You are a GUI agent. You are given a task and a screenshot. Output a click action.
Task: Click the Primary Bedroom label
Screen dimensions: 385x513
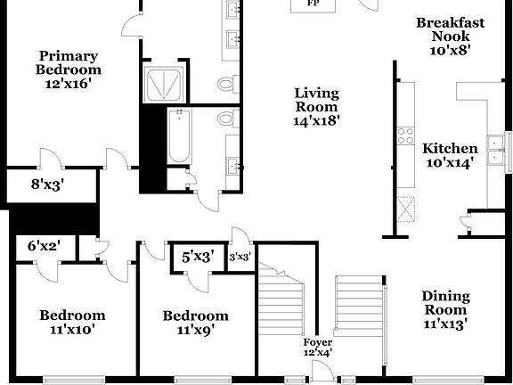(68, 69)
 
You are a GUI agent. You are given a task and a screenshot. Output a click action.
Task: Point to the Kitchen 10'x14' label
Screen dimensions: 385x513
(450, 155)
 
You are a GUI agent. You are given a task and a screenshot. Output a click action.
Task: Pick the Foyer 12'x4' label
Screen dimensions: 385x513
(318, 347)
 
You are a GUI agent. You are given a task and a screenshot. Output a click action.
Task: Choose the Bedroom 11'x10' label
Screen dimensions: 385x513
(72, 322)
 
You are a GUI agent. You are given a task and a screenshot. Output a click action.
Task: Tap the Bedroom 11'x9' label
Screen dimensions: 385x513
(195, 322)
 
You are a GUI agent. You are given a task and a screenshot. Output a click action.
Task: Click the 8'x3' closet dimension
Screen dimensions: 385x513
(47, 185)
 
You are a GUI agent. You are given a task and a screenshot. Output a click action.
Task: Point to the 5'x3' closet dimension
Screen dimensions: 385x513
(198, 257)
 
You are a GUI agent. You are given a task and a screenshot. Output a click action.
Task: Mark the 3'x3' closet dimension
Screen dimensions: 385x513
(240, 257)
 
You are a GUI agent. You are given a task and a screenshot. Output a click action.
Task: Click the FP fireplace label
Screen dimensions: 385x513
(313, 4)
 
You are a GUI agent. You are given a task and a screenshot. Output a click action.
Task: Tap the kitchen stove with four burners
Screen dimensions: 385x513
(406, 136)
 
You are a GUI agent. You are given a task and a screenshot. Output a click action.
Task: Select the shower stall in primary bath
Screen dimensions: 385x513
(165, 83)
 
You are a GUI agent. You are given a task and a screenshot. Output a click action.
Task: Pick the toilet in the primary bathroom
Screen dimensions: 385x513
(227, 85)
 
